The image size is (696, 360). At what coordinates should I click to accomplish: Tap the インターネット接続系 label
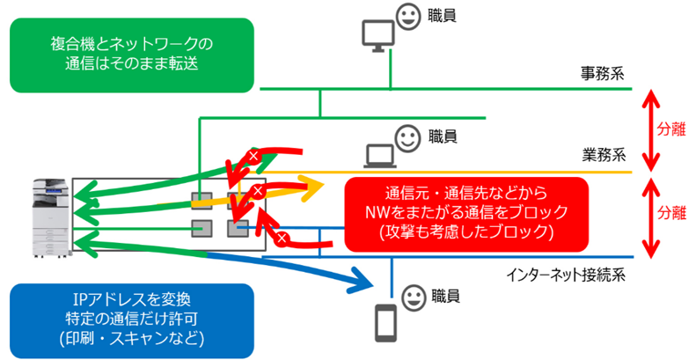(x=565, y=274)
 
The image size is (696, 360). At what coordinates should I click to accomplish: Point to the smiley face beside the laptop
(x=407, y=136)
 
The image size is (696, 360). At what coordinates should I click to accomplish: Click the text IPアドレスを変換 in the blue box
(x=129, y=300)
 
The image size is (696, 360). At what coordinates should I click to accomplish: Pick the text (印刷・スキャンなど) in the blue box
(x=129, y=337)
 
